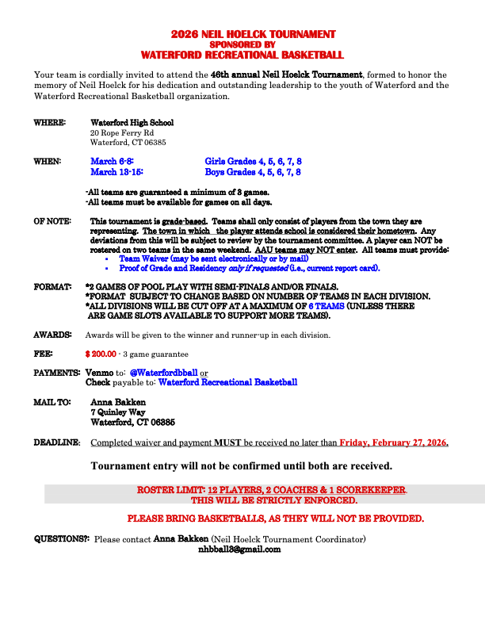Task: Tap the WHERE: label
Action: (x=48, y=123)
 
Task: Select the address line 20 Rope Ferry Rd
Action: (x=116, y=132)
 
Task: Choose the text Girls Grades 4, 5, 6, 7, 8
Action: (x=253, y=161)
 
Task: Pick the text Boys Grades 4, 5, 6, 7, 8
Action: (x=253, y=171)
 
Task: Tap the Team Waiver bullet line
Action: (x=213, y=258)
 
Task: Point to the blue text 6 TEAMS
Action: (x=327, y=305)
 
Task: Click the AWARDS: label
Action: (x=52, y=335)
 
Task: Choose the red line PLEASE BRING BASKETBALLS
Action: (x=276, y=519)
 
